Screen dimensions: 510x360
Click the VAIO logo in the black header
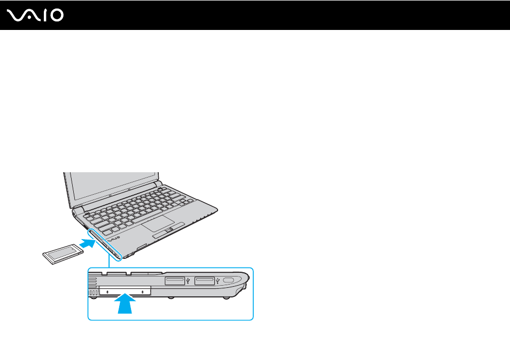click(x=35, y=16)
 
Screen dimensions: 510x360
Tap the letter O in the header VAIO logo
click(x=57, y=16)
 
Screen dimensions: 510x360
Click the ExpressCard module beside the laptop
click(x=63, y=254)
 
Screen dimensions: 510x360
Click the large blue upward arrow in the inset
click(x=125, y=303)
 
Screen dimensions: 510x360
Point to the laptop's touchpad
click(x=158, y=223)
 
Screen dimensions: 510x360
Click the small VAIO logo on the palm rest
click(x=114, y=239)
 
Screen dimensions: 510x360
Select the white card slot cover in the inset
click(x=125, y=290)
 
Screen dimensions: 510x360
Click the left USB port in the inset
click(x=175, y=280)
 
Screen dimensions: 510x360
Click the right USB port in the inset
click(x=205, y=280)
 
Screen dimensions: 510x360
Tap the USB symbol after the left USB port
click(x=188, y=281)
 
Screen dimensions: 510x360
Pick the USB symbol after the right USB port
click(x=218, y=281)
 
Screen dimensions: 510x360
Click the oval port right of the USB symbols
click(x=229, y=280)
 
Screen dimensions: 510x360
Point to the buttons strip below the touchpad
click(x=168, y=230)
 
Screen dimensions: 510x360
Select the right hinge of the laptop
click(x=158, y=183)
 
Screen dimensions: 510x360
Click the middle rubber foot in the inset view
click(x=171, y=298)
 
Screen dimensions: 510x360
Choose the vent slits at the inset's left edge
click(x=92, y=286)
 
